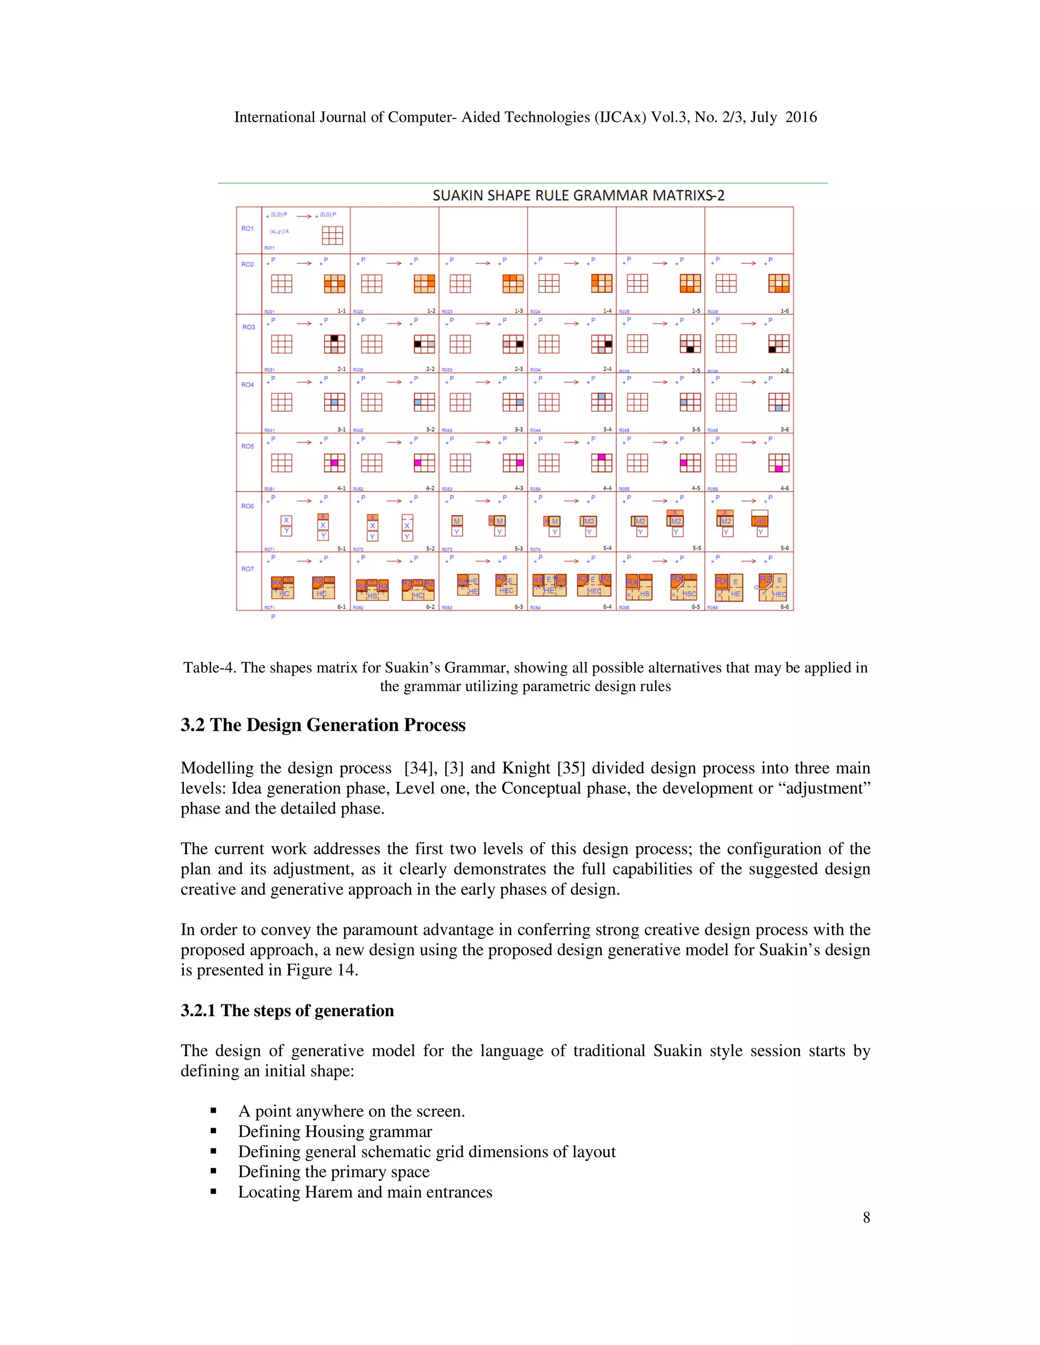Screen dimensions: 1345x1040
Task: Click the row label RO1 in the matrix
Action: click(x=247, y=228)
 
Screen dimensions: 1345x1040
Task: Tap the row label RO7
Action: click(x=247, y=568)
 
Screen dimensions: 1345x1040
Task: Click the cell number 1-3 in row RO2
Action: click(x=519, y=311)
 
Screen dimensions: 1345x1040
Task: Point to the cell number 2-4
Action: click(x=607, y=369)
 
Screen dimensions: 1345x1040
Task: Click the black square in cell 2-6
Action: click(x=772, y=350)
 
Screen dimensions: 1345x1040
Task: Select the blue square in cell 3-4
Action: click(x=601, y=396)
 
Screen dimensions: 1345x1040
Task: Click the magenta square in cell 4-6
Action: click(x=779, y=468)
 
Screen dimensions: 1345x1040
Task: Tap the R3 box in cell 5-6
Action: click(x=760, y=521)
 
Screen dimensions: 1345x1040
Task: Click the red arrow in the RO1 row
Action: click(x=304, y=216)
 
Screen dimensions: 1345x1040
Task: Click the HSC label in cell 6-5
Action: click(x=689, y=594)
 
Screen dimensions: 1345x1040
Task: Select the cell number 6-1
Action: click(x=341, y=607)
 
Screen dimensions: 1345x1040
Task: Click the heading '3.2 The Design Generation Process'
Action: click(x=323, y=725)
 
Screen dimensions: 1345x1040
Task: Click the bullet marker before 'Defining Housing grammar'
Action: click(x=213, y=1131)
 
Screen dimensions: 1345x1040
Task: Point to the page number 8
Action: click(x=866, y=1218)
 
